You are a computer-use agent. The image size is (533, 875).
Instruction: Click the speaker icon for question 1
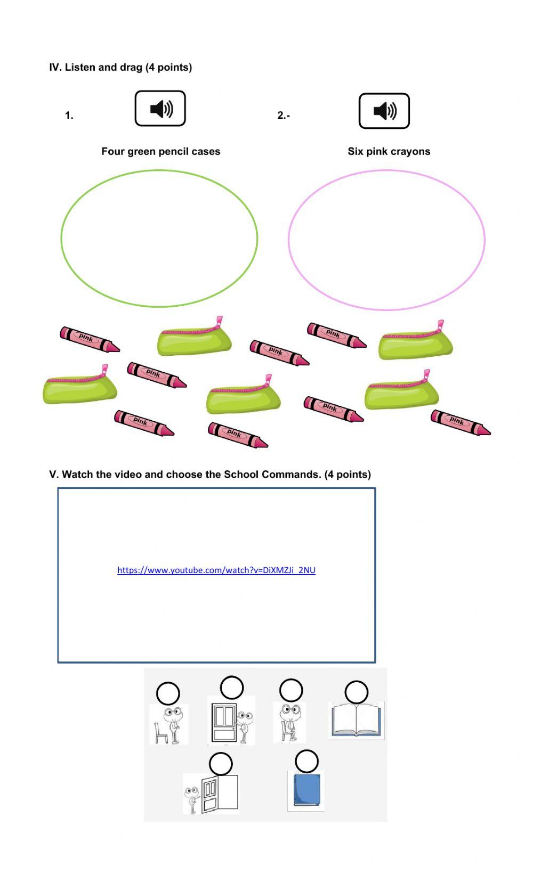click(160, 109)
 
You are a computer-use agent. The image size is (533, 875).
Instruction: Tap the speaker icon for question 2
click(384, 111)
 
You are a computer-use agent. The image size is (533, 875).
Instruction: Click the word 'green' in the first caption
click(142, 151)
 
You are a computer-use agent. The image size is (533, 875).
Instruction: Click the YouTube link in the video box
click(216, 570)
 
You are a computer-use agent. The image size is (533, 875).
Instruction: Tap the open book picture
click(356, 719)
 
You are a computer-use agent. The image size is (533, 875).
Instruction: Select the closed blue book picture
click(306, 790)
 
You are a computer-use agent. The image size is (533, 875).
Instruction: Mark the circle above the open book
click(356, 692)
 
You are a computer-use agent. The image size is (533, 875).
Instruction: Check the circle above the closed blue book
click(306, 762)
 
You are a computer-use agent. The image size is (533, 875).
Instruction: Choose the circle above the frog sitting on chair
click(291, 690)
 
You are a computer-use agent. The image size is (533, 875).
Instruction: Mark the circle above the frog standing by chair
click(168, 693)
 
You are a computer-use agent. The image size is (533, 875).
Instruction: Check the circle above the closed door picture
click(231, 688)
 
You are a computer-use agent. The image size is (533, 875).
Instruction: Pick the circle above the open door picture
click(221, 764)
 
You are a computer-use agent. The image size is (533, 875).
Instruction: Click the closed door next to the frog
click(224, 722)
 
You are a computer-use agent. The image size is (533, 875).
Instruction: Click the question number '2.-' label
click(284, 115)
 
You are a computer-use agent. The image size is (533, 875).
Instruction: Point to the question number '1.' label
click(69, 115)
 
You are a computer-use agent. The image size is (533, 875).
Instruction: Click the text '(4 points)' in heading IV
click(168, 67)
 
